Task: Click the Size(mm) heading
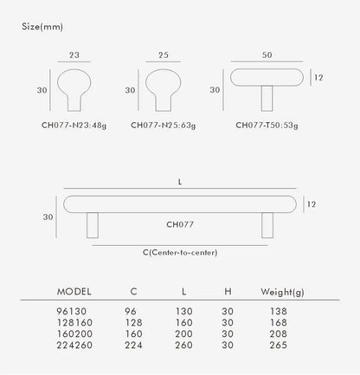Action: (x=42, y=27)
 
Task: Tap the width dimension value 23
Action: (x=74, y=55)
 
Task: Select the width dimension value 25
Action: (x=164, y=55)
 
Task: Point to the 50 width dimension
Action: (x=267, y=55)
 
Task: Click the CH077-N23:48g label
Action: (x=74, y=126)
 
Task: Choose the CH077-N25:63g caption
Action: (x=164, y=126)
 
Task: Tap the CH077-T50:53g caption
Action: (x=267, y=126)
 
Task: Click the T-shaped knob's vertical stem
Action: (x=267, y=98)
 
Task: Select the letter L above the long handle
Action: (x=180, y=182)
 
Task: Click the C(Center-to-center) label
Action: (x=180, y=253)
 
